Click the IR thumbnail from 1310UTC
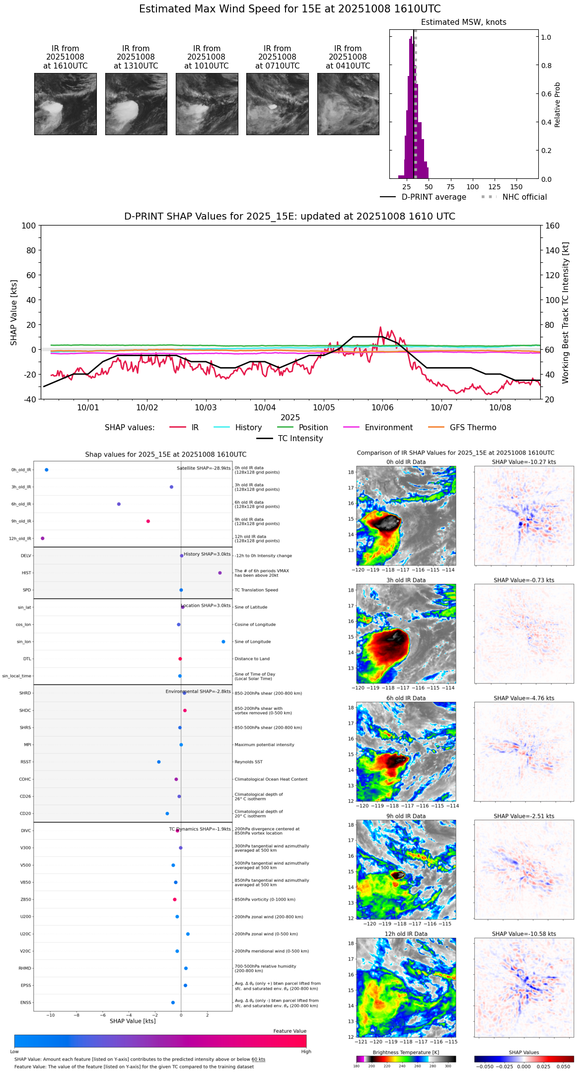[136, 104]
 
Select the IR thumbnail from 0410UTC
[348, 104]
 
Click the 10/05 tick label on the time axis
[324, 407]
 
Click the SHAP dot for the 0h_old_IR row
[47, 470]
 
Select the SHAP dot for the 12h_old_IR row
[43, 538]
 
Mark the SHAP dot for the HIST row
[220, 573]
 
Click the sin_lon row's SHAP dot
[223, 642]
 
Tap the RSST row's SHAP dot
[159, 762]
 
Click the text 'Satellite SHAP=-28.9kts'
[204, 468]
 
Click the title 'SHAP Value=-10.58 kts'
[524, 934]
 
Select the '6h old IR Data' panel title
[406, 698]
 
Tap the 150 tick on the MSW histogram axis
[516, 187]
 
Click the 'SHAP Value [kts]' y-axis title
[14, 312]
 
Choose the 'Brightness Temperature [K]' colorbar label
[406, 1052]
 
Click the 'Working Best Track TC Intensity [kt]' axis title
[566, 313]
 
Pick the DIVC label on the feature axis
[26, 831]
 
